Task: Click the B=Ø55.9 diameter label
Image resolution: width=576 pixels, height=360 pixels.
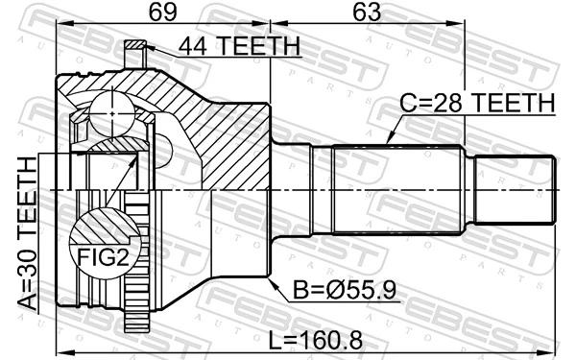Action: coord(331,287)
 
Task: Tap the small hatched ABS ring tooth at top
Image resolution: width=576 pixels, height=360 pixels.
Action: coord(137,46)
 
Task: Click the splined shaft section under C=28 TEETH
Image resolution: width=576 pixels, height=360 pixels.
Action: coord(394,192)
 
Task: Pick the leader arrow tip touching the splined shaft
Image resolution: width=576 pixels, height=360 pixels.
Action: coord(388,143)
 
